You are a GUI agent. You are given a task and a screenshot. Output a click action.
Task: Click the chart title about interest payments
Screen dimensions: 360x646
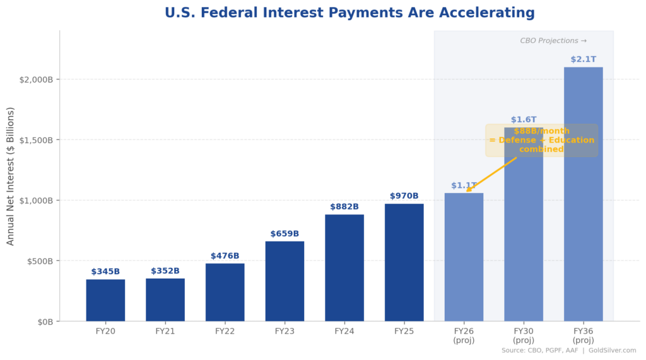click(349, 13)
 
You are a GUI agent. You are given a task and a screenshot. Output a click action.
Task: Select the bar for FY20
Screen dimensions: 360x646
click(105, 300)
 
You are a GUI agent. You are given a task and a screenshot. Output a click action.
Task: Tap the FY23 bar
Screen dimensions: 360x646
click(285, 281)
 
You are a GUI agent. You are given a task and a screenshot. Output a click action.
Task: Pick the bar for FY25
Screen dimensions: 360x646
click(404, 262)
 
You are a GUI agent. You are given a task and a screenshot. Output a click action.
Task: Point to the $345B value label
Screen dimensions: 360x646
click(105, 272)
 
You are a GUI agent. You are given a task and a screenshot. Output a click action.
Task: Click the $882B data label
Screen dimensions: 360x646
click(344, 207)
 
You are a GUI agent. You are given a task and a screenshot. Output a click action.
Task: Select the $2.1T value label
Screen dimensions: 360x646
click(583, 59)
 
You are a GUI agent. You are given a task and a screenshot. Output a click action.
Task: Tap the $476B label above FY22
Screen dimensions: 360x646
click(225, 256)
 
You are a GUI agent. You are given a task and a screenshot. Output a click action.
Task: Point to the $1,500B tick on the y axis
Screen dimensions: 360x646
click(35, 140)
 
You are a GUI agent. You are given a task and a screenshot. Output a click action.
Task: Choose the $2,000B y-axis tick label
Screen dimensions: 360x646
click(35, 79)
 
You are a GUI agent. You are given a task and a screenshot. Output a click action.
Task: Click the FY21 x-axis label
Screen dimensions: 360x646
click(165, 331)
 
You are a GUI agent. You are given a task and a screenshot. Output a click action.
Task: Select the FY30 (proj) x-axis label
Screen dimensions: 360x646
click(524, 335)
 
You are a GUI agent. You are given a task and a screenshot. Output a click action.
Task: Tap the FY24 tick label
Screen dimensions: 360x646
click(344, 331)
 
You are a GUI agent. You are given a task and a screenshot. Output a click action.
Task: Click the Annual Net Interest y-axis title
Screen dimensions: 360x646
click(11, 176)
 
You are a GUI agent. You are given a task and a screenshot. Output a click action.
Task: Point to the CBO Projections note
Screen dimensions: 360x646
click(553, 41)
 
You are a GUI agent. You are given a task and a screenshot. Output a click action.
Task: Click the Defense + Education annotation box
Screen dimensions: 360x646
click(541, 140)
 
